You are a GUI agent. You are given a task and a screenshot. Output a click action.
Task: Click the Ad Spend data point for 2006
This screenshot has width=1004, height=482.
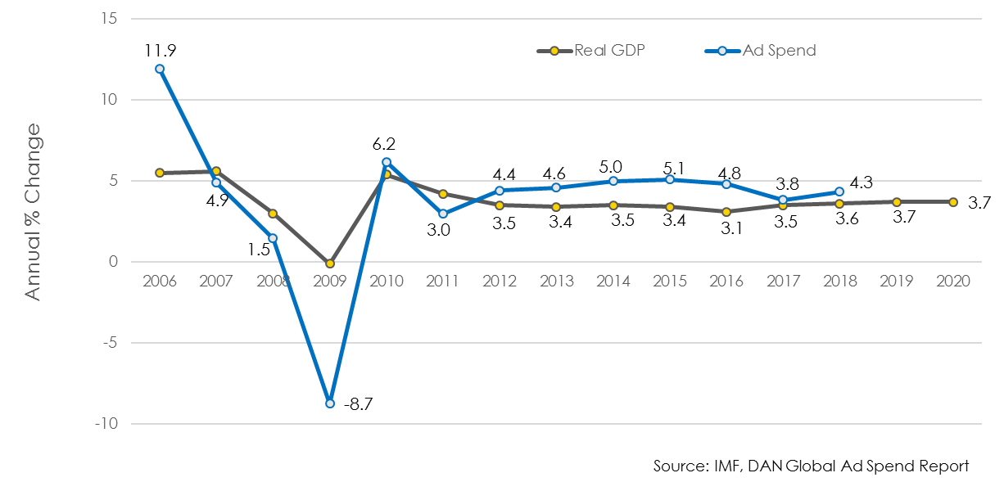pyautogui.click(x=160, y=69)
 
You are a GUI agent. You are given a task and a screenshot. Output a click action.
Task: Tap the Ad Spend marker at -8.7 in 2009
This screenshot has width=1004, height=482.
pyautogui.click(x=330, y=403)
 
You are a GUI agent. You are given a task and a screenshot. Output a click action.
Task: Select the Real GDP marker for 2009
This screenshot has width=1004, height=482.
pyautogui.click(x=330, y=264)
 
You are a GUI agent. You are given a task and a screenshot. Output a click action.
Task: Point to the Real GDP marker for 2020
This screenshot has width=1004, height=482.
pyautogui.click(x=953, y=202)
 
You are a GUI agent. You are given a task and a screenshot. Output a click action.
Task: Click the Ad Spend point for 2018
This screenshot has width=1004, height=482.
pyautogui.click(x=839, y=191)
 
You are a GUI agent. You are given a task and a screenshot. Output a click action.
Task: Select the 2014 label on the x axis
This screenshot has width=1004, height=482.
pyautogui.click(x=613, y=281)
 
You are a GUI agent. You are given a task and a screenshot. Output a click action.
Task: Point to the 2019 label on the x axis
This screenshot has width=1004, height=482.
pyautogui.click(x=897, y=281)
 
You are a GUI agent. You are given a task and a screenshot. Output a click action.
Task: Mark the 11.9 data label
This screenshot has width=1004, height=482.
pyautogui.click(x=160, y=50)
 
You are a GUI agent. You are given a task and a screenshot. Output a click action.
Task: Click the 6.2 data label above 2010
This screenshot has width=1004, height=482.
pyautogui.click(x=386, y=144)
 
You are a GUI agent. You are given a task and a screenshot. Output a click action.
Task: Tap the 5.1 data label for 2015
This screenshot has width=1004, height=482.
pyautogui.click(x=670, y=159)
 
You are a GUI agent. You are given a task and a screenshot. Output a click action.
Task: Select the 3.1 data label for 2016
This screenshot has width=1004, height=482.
pyautogui.click(x=727, y=230)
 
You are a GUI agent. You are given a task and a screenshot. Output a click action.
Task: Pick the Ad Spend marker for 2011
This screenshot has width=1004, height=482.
pyautogui.click(x=443, y=214)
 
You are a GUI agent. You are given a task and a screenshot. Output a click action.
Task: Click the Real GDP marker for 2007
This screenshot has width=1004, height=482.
pyautogui.click(x=216, y=171)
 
